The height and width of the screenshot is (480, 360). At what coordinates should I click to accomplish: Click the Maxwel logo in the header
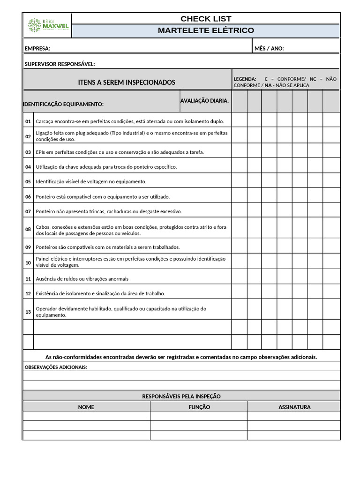[48, 25]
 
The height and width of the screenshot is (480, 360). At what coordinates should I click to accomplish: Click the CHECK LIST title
[206, 19]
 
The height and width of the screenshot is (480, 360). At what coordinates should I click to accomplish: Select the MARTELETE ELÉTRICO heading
[206, 30]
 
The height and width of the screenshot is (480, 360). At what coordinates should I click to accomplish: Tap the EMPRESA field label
[37, 48]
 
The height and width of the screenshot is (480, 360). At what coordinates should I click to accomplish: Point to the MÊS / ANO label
[269, 48]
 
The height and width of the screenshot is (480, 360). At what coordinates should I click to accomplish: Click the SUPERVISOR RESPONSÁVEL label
[60, 64]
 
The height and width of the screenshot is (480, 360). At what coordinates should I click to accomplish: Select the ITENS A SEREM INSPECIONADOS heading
[127, 82]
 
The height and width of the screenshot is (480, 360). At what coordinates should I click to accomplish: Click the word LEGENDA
[245, 79]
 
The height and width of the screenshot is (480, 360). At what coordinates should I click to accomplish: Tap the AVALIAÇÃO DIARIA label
[204, 101]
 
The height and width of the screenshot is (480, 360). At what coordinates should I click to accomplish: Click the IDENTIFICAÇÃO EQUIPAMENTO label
[63, 104]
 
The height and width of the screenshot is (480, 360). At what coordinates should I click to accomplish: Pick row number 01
[28, 121]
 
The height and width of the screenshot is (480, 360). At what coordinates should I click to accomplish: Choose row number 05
[28, 181]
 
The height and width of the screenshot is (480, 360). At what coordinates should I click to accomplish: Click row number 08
[28, 230]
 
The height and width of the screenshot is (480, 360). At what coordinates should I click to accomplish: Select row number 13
[28, 312]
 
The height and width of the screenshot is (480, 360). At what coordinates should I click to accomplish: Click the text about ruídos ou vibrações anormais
[82, 279]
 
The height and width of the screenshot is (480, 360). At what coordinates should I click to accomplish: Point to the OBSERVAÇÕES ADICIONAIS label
[56, 367]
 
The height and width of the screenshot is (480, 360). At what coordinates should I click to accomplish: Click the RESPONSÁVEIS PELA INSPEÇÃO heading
[181, 397]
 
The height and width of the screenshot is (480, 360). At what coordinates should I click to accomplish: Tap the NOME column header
[86, 407]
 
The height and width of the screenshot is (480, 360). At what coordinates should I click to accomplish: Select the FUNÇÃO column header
[199, 407]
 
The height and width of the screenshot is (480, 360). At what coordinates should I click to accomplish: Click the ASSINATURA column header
[294, 407]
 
